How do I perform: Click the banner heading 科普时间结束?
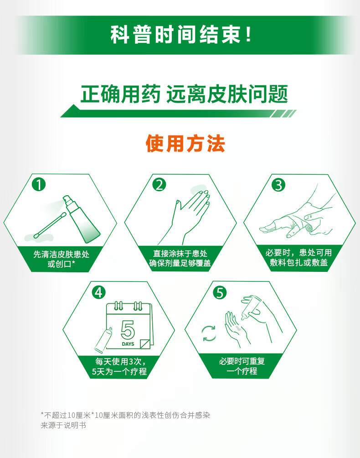coord(180,35)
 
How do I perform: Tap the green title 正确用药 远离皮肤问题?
coord(184,94)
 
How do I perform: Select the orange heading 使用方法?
coord(185,143)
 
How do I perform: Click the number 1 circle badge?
coord(39,185)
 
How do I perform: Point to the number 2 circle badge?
coord(159,185)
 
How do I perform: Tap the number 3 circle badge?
coord(278,185)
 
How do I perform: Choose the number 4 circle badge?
coord(98,292)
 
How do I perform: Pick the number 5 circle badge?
coord(220,292)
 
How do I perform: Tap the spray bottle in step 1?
coord(82,219)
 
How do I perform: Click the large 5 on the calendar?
coord(128,330)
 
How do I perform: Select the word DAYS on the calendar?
coord(128,344)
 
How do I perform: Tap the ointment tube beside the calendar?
coord(103,340)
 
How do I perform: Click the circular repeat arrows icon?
coord(209,333)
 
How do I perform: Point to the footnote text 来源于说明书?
coord(63,425)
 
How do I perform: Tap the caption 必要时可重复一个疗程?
coord(242,366)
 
